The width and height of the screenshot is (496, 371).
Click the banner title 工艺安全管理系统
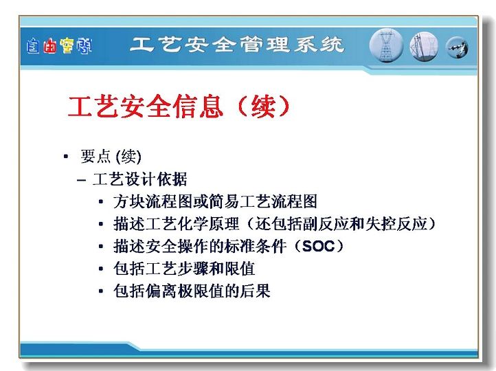tap(237, 45)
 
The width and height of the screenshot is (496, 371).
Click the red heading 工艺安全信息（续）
tap(179, 106)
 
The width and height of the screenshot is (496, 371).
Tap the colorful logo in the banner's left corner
tap(59, 46)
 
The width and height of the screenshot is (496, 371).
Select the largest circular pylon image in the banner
tap(386, 45)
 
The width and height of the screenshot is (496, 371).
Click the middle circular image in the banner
tap(424, 47)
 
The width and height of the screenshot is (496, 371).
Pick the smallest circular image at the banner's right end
tap(457, 48)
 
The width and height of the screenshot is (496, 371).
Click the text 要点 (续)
tap(111, 156)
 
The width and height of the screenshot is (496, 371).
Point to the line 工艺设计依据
tap(139, 179)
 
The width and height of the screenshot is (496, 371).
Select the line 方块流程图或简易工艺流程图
tap(215, 201)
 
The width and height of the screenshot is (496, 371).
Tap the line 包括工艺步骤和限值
tap(184, 269)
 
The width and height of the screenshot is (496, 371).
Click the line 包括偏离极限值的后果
tap(192, 291)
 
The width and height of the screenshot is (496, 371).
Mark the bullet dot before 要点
tap(66, 156)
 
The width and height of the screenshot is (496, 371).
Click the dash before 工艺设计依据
tap(81, 180)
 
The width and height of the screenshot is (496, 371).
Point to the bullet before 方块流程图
tap(101, 201)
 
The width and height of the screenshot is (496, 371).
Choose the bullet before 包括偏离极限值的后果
tap(101, 291)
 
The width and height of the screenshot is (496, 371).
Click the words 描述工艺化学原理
tap(176, 224)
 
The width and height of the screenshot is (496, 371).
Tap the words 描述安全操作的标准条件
tap(200, 247)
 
